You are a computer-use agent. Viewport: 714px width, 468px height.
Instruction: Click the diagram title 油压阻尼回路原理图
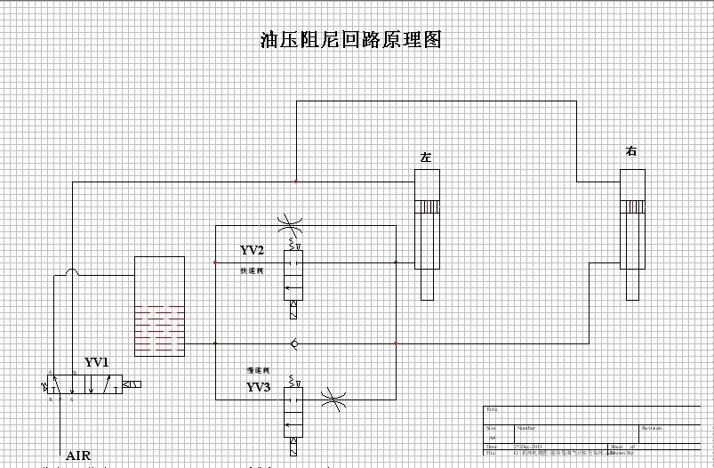point(350,40)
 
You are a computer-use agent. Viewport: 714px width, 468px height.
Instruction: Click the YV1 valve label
point(96,362)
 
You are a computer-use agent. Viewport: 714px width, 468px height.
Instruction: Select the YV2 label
point(253,250)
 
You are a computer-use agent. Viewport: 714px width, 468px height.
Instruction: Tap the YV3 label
point(258,387)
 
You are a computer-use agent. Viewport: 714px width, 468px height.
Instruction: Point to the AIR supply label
point(78,456)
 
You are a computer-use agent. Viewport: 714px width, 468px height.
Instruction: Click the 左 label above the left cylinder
point(426,157)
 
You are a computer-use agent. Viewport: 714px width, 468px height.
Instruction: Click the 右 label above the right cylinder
point(631,151)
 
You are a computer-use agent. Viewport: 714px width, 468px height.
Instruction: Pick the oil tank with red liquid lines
point(159,306)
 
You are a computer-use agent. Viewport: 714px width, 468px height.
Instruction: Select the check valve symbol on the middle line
point(293,343)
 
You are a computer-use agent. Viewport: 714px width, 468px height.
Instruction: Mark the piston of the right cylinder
point(631,206)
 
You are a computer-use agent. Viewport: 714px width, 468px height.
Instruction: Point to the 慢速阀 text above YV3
point(258,370)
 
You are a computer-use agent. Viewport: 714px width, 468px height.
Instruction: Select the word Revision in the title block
point(651,428)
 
